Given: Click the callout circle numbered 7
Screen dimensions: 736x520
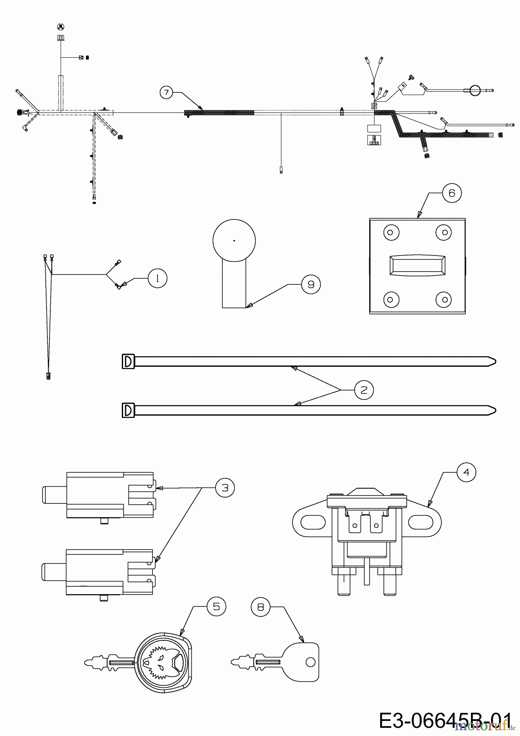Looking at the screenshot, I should point(166,93).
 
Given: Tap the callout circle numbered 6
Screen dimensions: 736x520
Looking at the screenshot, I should point(452,193).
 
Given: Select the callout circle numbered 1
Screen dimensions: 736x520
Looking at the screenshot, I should point(158,278).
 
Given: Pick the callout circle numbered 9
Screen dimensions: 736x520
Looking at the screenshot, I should point(311,284).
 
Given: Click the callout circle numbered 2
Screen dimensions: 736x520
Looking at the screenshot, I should point(364,390).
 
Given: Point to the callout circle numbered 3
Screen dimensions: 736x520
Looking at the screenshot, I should point(225,488).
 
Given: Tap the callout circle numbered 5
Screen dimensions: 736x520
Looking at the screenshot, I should point(216,606).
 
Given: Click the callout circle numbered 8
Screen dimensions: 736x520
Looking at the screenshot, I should point(261,607).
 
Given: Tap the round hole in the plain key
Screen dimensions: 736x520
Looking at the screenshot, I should point(310,662).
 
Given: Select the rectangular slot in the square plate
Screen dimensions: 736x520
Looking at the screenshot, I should point(417,266).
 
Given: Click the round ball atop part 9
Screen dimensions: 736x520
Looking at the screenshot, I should point(234,240).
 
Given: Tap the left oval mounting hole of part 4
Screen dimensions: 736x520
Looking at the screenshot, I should point(310,522).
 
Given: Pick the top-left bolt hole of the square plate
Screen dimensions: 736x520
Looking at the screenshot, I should point(390,233).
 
